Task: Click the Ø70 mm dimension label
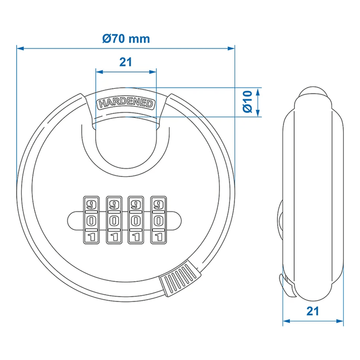point(126,39)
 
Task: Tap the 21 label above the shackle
point(126,63)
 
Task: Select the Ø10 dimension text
point(248,101)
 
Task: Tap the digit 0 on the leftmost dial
point(90,220)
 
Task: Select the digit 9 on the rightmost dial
point(159,204)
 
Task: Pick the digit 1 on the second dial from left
point(113,237)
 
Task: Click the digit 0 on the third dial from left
point(136,220)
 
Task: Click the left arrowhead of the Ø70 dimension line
point(21,49)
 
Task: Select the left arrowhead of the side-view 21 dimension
point(286,321)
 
